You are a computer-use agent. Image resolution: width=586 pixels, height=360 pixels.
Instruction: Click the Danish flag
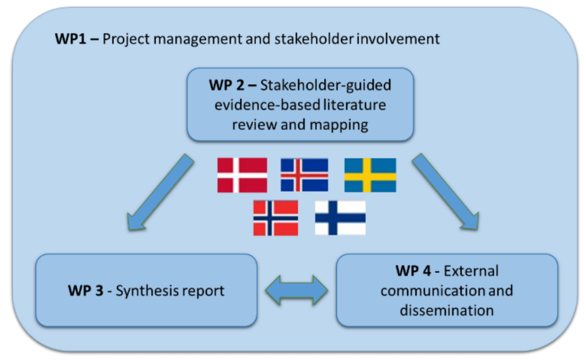pos(242,175)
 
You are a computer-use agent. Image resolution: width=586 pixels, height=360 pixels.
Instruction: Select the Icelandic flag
pos(304,175)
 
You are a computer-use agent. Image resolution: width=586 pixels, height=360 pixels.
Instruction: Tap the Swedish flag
pos(370,175)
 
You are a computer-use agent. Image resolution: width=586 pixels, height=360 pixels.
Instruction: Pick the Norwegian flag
pos(276,218)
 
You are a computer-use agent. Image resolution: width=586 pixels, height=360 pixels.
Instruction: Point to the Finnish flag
pos(340,218)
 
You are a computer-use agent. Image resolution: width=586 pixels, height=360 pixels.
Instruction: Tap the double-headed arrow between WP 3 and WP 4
pos(296,291)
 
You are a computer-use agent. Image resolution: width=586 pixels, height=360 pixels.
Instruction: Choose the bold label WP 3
pos(85,291)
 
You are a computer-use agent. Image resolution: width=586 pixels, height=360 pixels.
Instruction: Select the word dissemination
pos(447,311)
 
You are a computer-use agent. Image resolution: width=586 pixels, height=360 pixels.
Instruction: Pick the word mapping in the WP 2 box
pos(340,124)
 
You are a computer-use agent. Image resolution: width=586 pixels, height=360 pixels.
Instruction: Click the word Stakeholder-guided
pos(326,85)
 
